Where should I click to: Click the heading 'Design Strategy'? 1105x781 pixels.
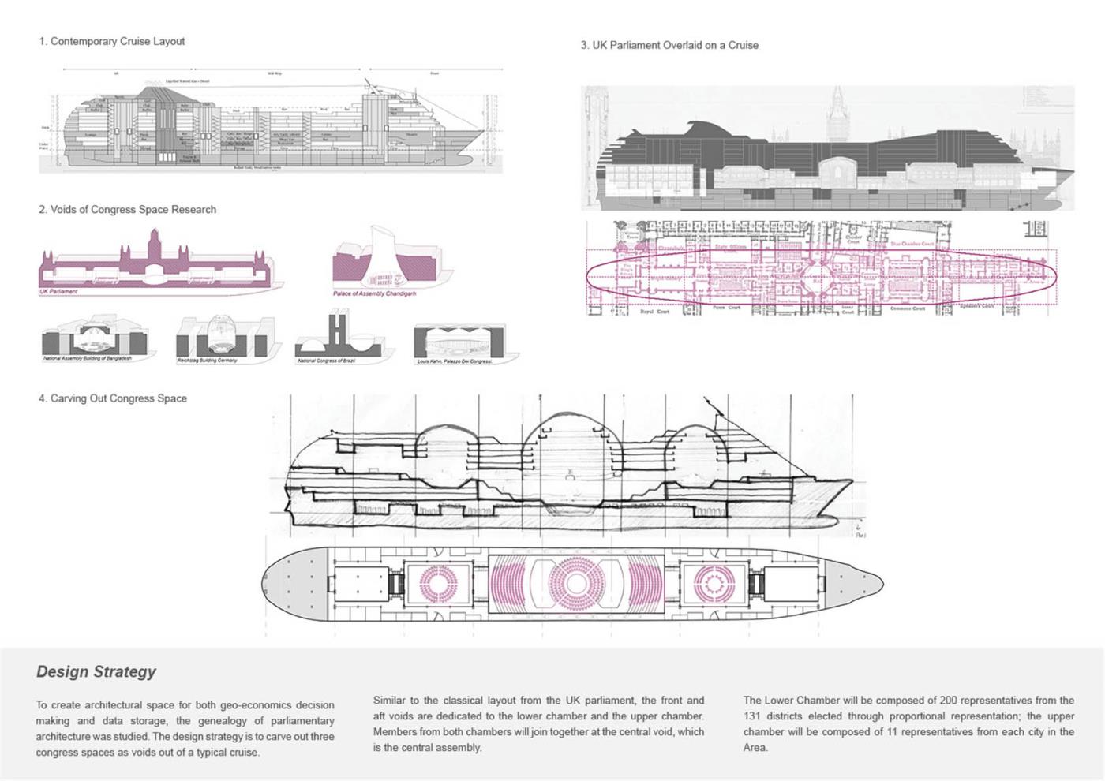click(96, 672)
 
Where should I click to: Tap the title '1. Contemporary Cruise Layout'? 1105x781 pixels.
click(112, 41)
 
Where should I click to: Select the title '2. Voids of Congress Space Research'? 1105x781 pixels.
click(127, 210)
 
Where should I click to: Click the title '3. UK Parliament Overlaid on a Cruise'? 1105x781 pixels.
click(669, 45)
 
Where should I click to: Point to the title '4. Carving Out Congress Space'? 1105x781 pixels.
click(113, 398)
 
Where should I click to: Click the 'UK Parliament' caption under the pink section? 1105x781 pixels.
click(59, 292)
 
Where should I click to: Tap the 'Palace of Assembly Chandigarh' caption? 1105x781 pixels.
click(374, 293)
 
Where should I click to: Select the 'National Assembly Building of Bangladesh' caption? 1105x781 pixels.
click(87, 359)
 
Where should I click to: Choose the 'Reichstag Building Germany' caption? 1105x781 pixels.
click(207, 361)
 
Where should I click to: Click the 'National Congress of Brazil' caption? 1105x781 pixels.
click(326, 361)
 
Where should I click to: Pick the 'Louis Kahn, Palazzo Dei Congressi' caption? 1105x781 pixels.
click(454, 361)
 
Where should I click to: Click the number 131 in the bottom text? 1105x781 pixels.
click(753, 716)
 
